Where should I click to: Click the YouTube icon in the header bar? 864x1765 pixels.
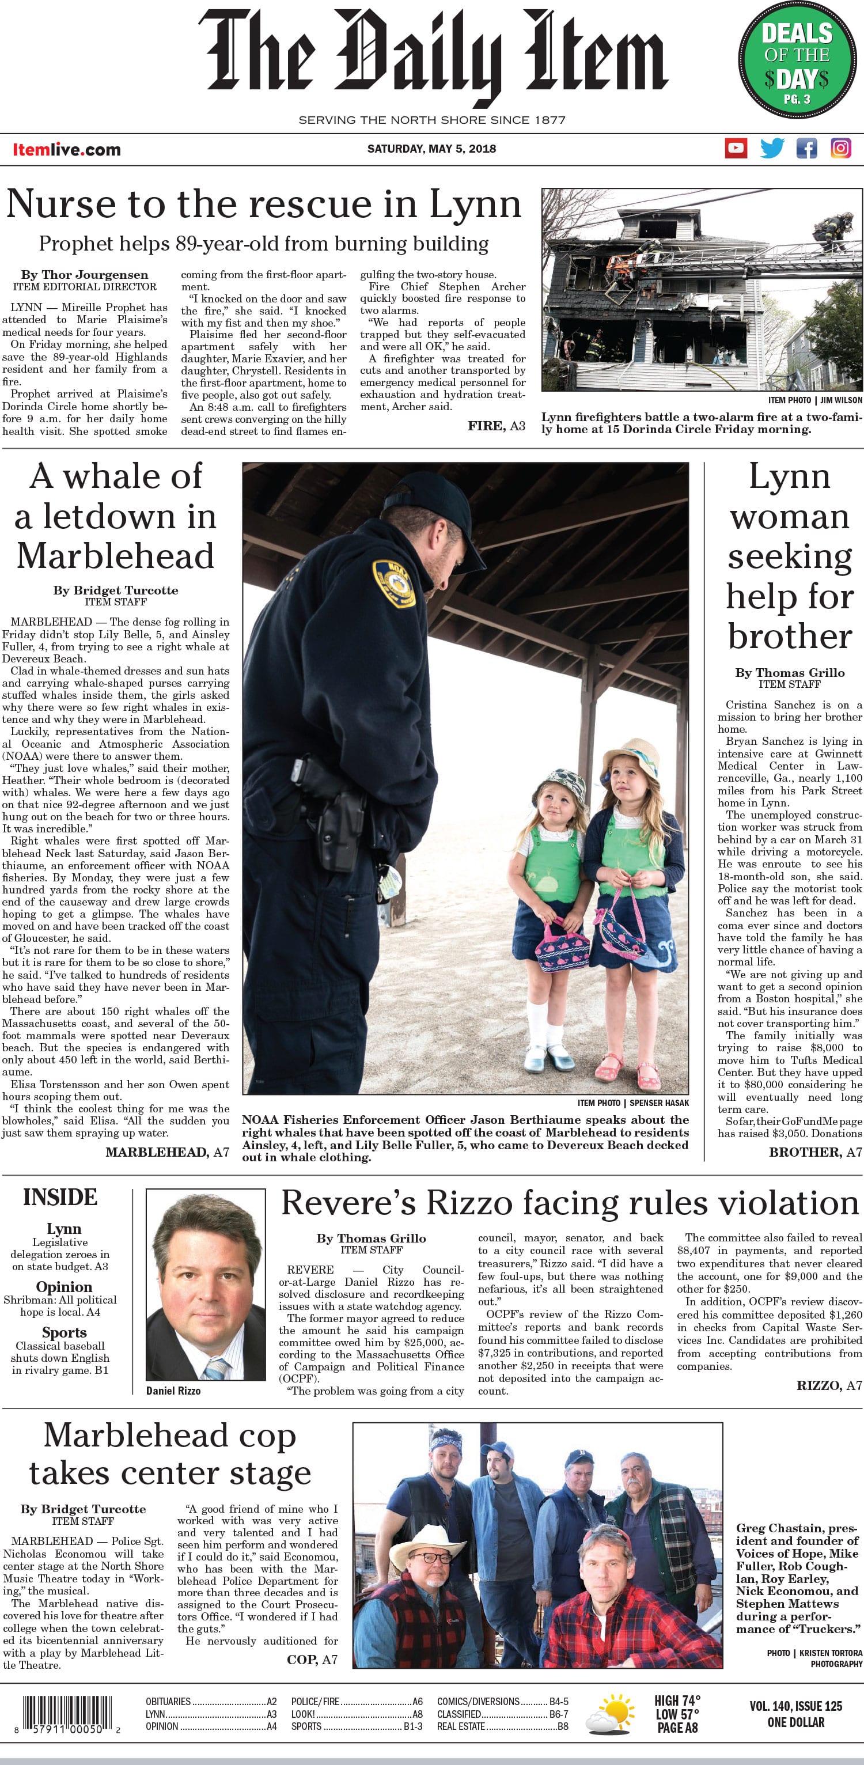pyautogui.click(x=736, y=148)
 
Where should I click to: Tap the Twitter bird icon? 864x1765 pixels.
pyautogui.click(x=772, y=148)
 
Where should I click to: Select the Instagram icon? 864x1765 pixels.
pyautogui.click(x=841, y=148)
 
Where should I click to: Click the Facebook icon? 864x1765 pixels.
pyautogui.click(x=806, y=148)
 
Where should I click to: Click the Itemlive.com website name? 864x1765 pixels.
pyautogui.click(x=66, y=149)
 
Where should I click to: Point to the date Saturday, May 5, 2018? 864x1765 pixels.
pyautogui.click(x=431, y=149)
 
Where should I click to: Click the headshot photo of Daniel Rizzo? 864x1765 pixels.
pyautogui.click(x=206, y=1287)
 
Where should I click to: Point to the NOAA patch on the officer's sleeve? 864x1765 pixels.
pyautogui.click(x=395, y=583)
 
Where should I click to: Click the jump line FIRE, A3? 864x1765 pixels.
pyautogui.click(x=496, y=426)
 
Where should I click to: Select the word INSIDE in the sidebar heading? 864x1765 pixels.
pyautogui.click(x=60, y=1197)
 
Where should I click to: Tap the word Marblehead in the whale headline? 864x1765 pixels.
pyautogui.click(x=115, y=556)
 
